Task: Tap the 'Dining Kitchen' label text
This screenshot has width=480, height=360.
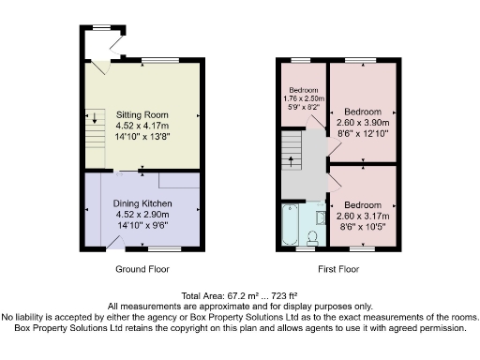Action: (x=142, y=203)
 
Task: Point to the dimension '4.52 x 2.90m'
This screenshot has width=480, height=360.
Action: (x=142, y=215)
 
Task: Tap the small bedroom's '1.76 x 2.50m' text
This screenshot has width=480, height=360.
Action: (x=302, y=97)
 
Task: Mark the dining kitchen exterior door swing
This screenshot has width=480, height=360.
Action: (x=116, y=244)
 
